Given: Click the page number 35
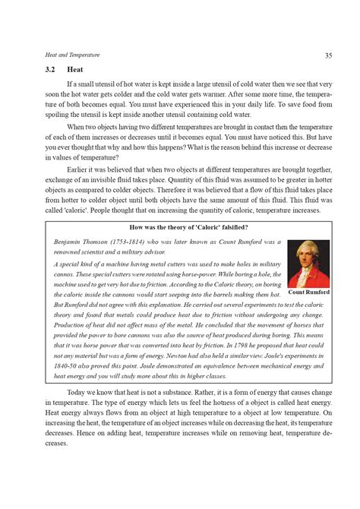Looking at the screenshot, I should tap(329, 55).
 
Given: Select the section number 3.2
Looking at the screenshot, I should tap(52, 69).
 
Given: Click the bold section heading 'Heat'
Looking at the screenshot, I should tap(75, 69).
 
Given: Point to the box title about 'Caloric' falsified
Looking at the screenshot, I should tap(189, 227).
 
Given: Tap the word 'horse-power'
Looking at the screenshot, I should tap(188, 273).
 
